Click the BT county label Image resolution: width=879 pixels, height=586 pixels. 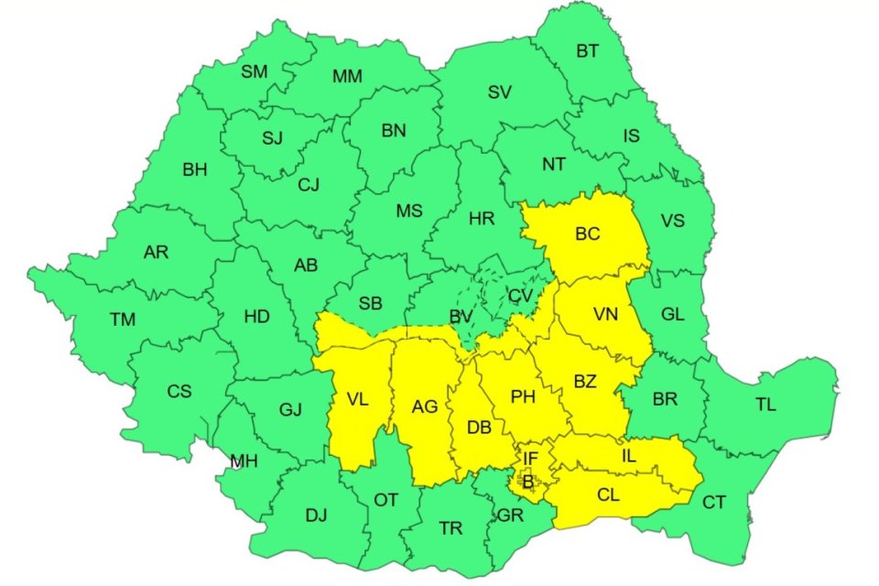click(587, 51)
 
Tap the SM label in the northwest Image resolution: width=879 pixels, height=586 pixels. click(254, 72)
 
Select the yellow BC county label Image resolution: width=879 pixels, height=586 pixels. click(587, 234)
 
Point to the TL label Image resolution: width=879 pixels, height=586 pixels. click(765, 405)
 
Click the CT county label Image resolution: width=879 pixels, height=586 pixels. click(713, 502)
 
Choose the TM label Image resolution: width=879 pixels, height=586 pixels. click(122, 320)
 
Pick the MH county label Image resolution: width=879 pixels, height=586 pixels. click(244, 461)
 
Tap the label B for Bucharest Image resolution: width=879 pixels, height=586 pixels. click(527, 480)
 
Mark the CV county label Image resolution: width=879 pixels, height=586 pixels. click(520, 295)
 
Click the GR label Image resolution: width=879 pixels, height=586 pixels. click(510, 515)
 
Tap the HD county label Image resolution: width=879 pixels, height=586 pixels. click(257, 317)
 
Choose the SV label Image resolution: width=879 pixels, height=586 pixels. click(499, 92)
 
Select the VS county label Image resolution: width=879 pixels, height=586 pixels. click(673, 221)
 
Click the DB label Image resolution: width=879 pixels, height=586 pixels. click(480, 428)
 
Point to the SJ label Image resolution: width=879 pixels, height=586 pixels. click(272, 138)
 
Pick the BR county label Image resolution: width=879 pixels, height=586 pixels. click(665, 400)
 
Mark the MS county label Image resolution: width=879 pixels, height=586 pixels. click(409, 211)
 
